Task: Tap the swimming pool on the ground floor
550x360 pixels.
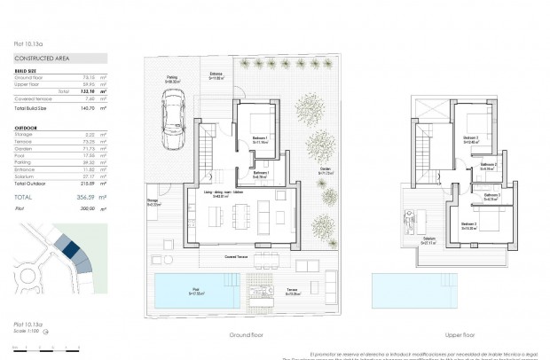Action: click(194, 289)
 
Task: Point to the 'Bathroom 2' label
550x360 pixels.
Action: click(489, 164)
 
